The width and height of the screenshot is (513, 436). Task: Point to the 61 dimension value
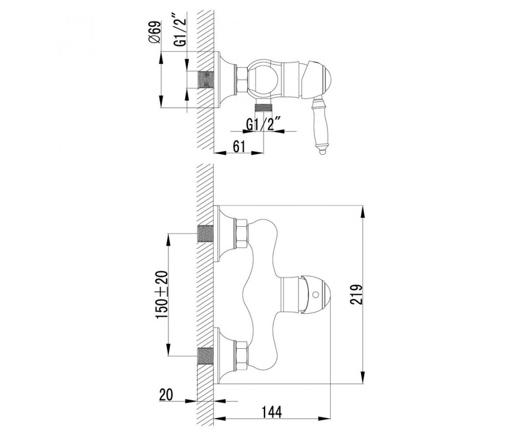(239, 146)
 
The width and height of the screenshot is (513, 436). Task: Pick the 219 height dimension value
(357, 295)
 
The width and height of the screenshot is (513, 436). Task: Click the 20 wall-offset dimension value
(166, 394)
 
